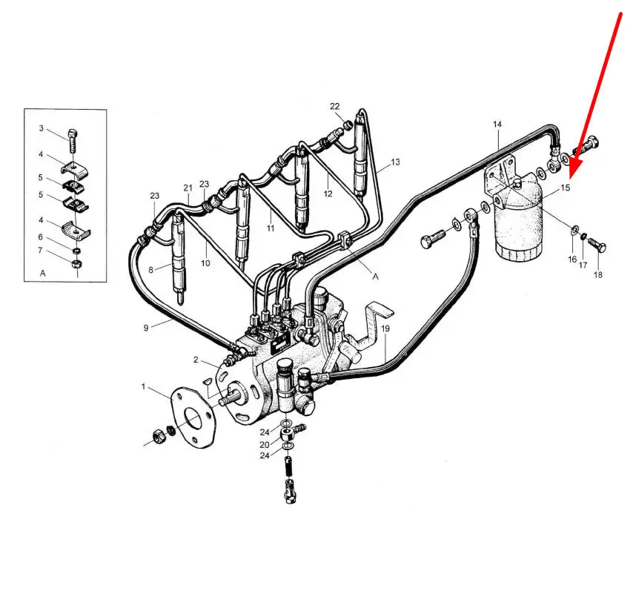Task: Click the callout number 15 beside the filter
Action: (x=565, y=188)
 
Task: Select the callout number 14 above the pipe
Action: (x=497, y=125)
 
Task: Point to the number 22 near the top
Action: (x=335, y=106)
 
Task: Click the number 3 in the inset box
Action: (x=42, y=128)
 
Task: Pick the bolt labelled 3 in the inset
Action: (x=73, y=139)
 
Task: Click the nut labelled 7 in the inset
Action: (x=76, y=264)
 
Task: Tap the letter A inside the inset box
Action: (x=43, y=274)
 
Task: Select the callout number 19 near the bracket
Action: (x=385, y=328)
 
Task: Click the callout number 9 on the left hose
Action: (x=146, y=328)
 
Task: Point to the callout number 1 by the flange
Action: (x=143, y=387)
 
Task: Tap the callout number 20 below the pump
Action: (x=265, y=445)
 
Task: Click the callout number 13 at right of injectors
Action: (x=395, y=162)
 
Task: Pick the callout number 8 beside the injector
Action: (x=151, y=270)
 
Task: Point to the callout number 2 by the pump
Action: (x=196, y=360)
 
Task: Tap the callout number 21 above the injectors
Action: (x=188, y=188)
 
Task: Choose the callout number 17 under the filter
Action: (x=583, y=265)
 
